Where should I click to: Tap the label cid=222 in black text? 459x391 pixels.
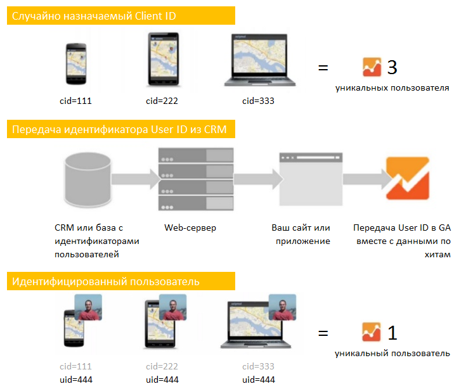pyautogui.click(x=162, y=101)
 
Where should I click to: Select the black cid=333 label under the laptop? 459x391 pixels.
pyautogui.click(x=258, y=101)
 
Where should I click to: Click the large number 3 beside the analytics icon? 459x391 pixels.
pyautogui.click(x=392, y=67)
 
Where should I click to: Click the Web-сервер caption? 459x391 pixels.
pyautogui.click(x=190, y=228)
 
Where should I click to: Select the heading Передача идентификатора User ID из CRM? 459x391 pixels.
pyautogui.click(x=120, y=131)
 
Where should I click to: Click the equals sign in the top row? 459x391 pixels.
pyautogui.click(x=323, y=68)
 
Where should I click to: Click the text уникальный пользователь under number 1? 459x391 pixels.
pyautogui.click(x=392, y=353)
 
